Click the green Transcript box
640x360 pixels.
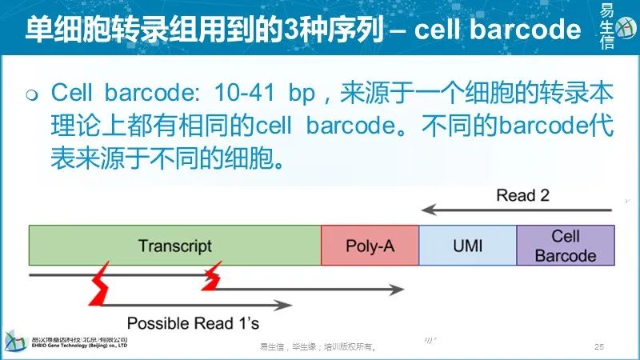174,245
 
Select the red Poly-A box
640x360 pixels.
370,245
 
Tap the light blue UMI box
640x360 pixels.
467,245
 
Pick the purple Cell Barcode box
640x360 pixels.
566,245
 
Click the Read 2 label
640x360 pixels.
522,195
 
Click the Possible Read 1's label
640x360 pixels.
193,323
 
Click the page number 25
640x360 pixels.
598,347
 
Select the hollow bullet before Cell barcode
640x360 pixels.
32,96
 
